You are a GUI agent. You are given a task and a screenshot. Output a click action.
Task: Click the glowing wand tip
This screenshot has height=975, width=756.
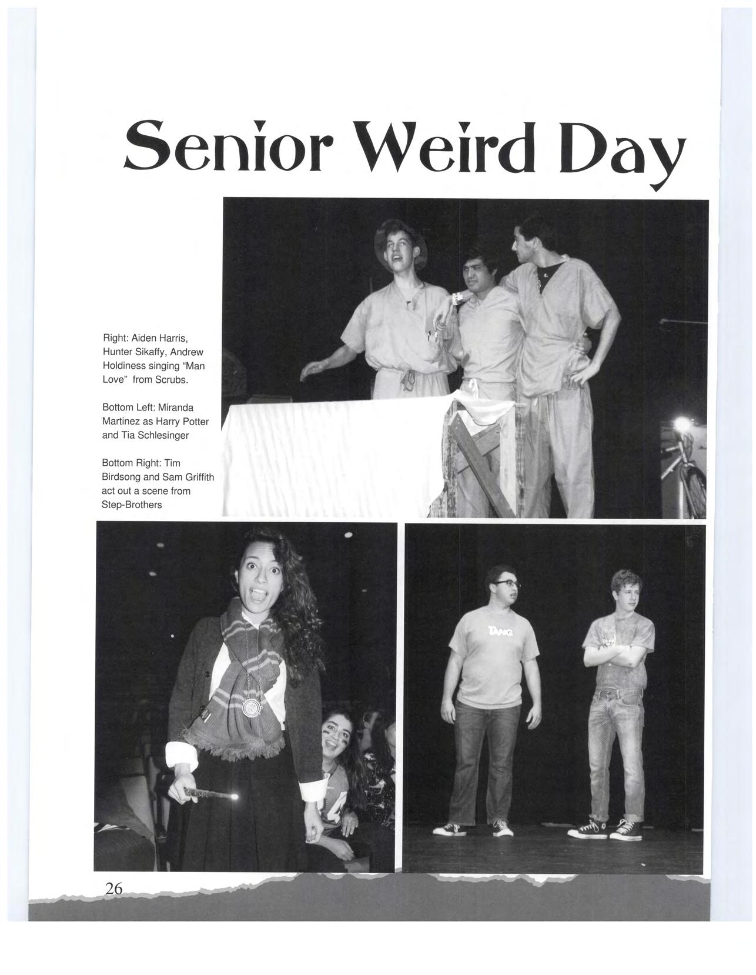236,797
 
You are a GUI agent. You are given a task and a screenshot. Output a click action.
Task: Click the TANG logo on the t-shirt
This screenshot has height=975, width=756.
500,632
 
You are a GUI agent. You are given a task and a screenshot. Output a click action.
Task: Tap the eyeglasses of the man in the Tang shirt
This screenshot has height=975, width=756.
506,584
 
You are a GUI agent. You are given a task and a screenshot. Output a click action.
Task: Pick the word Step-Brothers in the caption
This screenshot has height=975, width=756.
132,505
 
